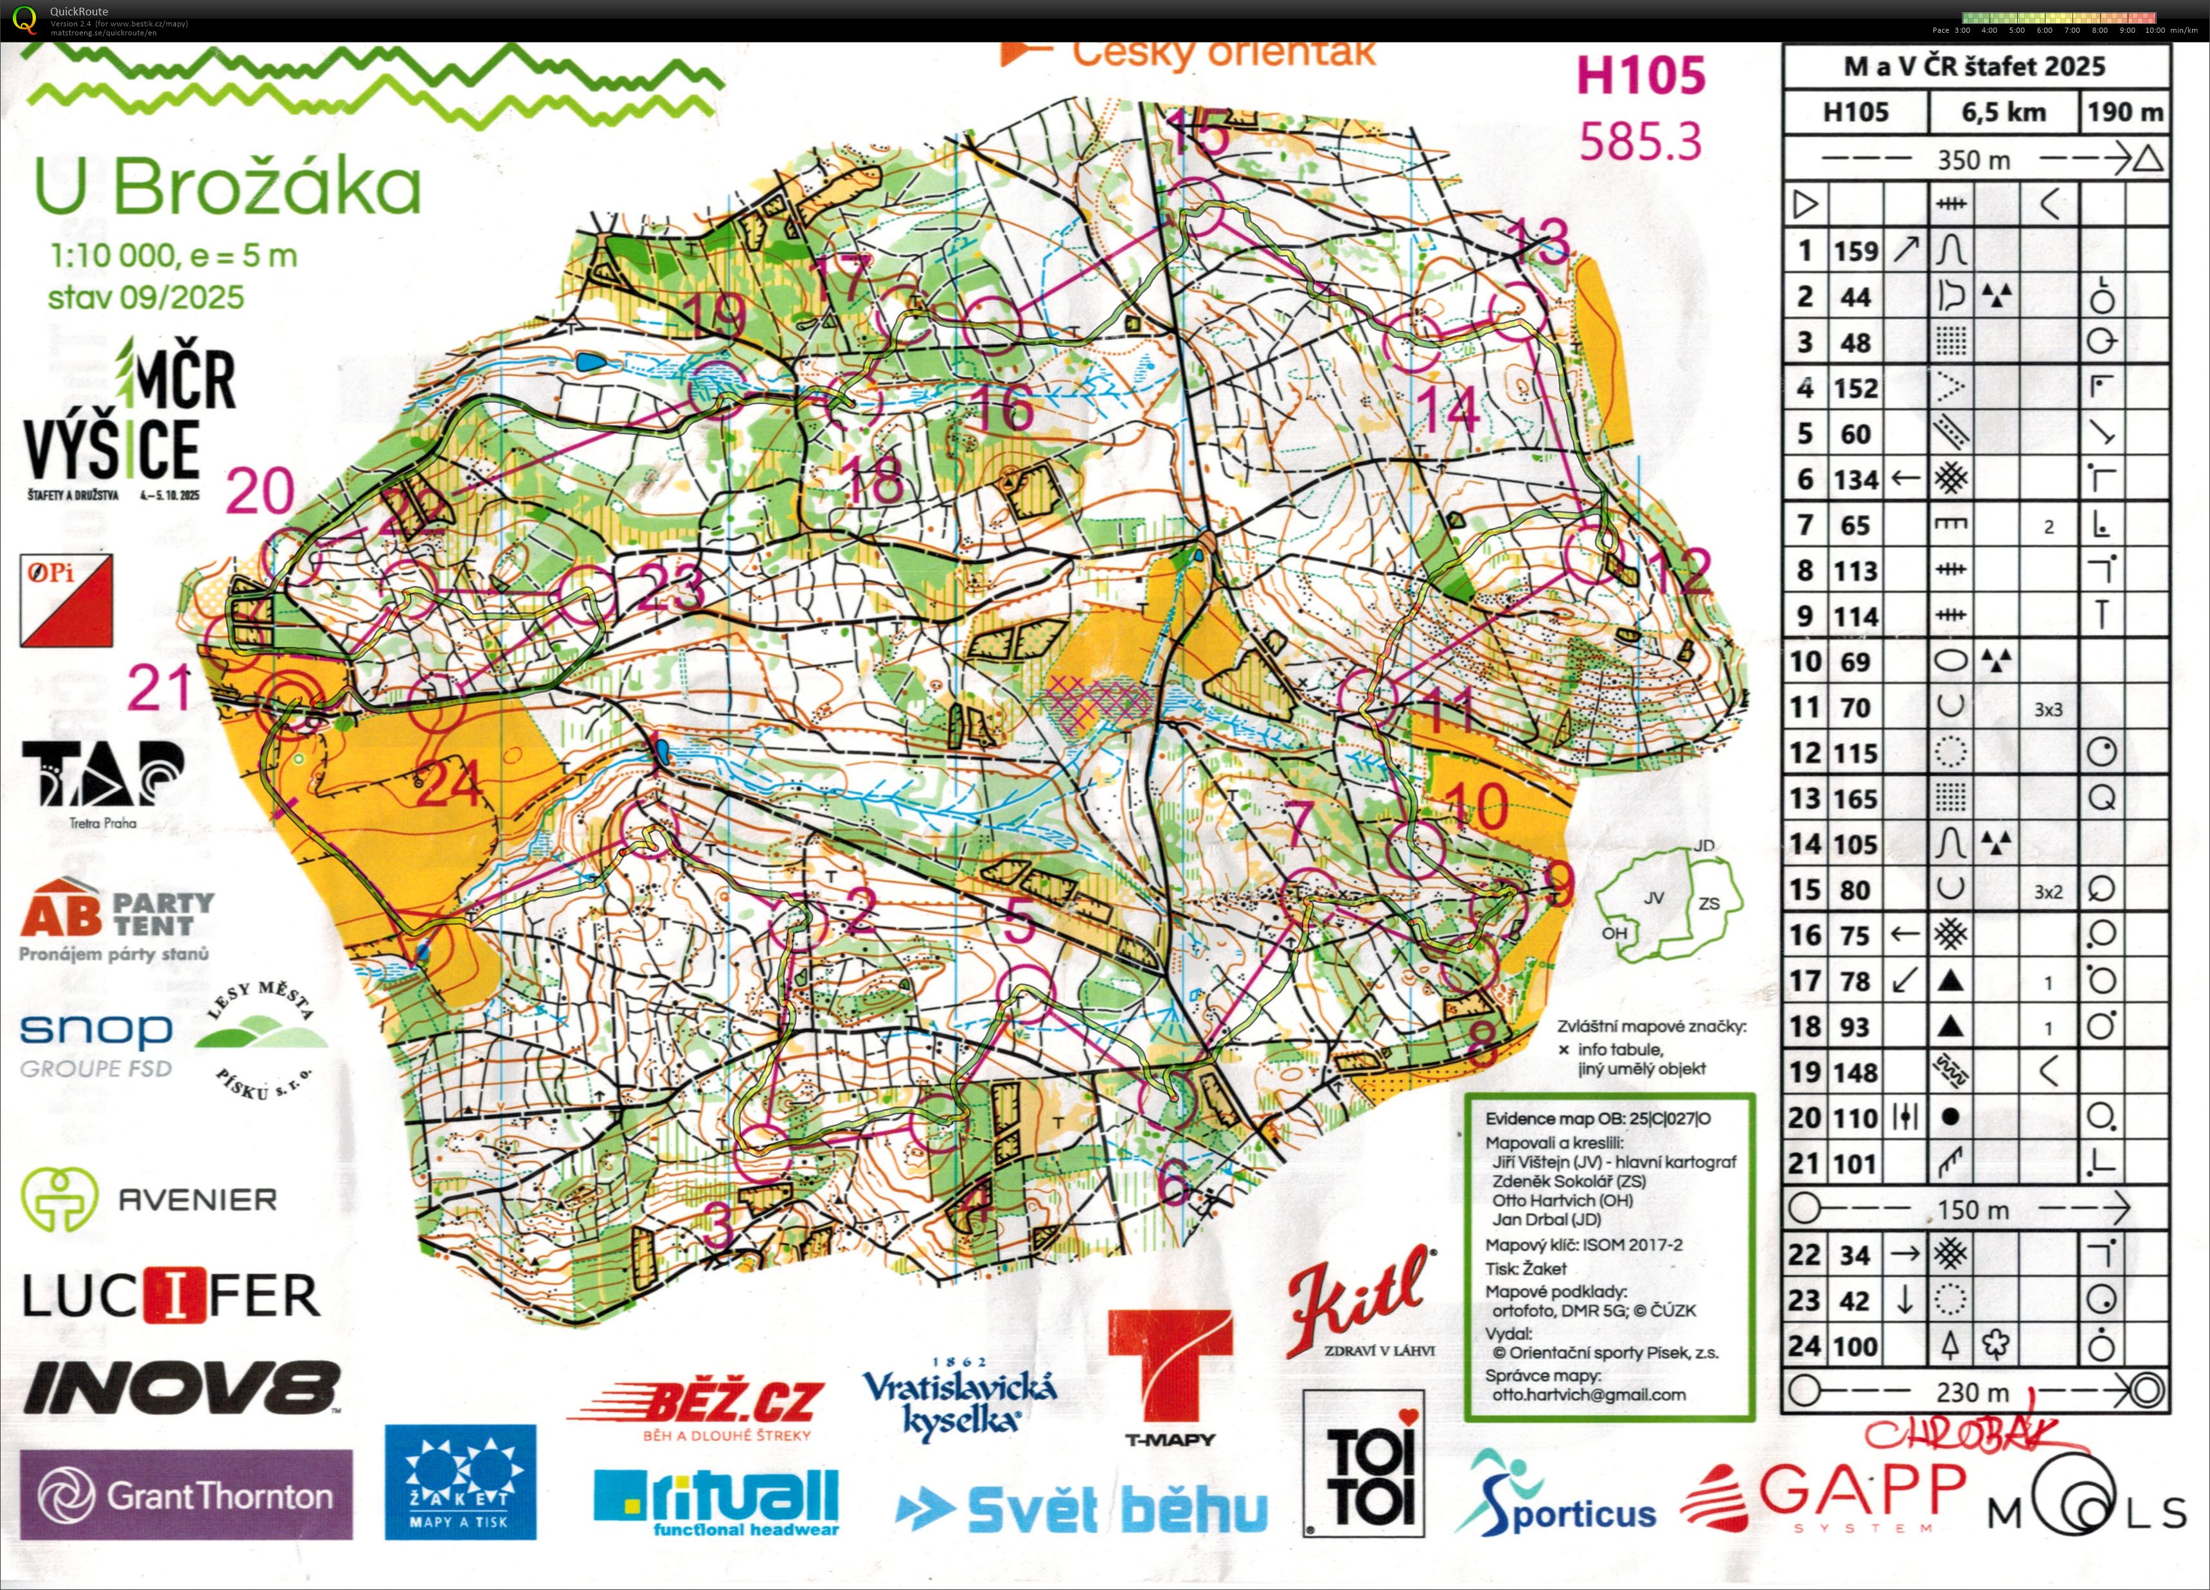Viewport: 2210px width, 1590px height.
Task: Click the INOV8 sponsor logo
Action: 183,1388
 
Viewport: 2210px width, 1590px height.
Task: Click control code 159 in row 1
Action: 1855,251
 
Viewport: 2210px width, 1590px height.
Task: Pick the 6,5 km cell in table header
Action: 2004,112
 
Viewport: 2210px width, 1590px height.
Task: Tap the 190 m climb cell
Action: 2125,112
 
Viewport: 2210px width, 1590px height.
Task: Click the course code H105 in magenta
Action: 1641,76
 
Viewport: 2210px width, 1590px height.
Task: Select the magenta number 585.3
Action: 1640,142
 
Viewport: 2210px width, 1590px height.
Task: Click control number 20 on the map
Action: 260,490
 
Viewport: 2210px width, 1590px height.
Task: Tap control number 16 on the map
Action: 1002,407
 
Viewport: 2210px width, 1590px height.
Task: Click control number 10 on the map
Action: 1476,805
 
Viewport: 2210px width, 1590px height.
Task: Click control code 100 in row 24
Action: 1855,1347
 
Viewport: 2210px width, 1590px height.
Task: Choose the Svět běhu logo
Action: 1082,1509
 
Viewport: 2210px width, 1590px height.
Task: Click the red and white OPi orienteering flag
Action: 66,600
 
